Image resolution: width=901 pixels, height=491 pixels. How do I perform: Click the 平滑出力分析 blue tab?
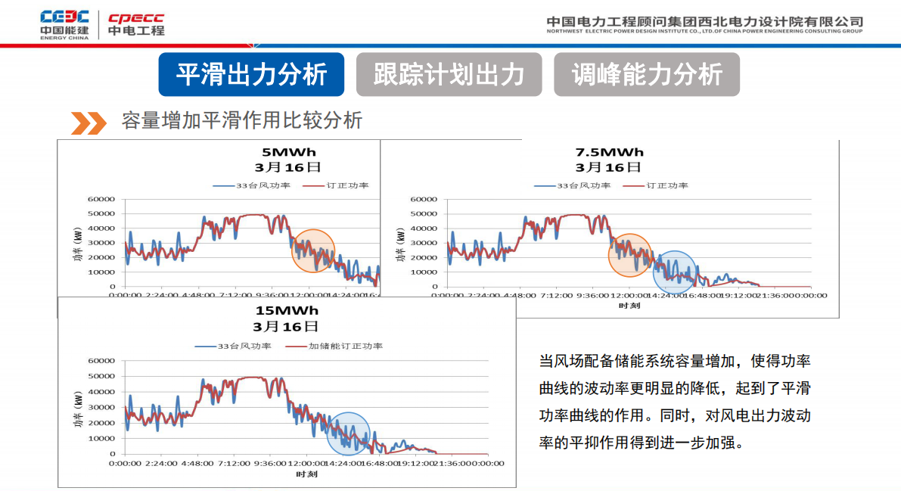(251, 74)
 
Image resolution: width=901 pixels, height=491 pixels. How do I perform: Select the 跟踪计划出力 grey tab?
(449, 74)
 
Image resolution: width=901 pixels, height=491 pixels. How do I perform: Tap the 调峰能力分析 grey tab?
(647, 74)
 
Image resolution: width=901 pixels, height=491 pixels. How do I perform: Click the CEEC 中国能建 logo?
(65, 24)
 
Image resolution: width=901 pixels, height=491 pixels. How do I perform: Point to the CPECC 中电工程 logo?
(136, 24)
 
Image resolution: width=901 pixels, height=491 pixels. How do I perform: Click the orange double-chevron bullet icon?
(89, 122)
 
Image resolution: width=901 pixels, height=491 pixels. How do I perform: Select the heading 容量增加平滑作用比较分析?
(242, 120)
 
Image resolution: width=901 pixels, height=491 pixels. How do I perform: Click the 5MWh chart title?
(289, 151)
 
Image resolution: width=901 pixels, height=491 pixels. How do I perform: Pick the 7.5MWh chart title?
(609, 151)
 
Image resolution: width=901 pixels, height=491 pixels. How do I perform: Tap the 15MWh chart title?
(287, 310)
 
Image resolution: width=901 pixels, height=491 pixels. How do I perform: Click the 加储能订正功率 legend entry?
(334, 346)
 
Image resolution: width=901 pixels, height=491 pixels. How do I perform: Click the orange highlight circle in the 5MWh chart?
(313, 250)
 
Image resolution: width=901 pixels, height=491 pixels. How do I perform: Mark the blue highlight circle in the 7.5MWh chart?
(674, 272)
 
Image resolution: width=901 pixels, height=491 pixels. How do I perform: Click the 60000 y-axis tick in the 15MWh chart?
(102, 361)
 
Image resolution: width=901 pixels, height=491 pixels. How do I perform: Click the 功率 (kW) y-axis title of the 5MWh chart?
(78, 244)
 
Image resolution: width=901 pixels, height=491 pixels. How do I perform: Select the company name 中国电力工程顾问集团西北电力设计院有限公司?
(704, 21)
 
